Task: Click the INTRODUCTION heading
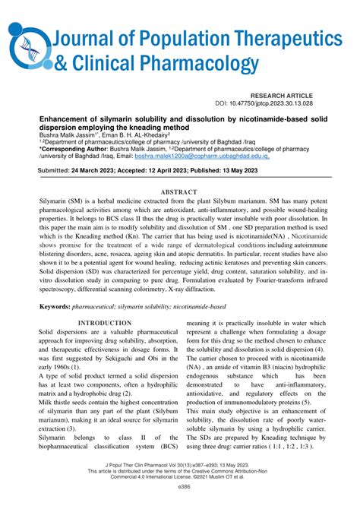[x=111, y=323]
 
